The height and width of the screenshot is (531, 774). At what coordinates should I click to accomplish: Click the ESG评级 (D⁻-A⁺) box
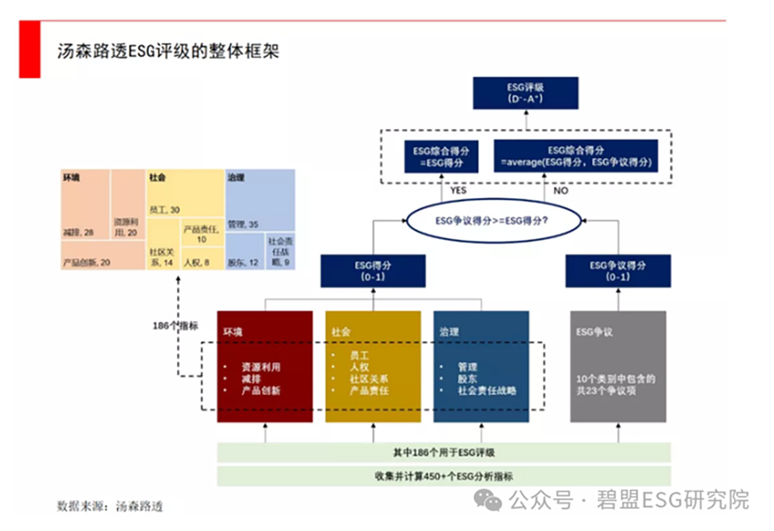[525, 93]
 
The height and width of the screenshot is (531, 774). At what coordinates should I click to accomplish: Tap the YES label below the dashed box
[458, 191]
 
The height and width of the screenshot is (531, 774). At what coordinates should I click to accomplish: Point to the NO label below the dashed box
[561, 191]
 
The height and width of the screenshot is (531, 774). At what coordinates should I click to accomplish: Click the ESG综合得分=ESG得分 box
[441, 156]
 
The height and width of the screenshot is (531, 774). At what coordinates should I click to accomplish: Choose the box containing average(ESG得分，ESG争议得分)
[576, 156]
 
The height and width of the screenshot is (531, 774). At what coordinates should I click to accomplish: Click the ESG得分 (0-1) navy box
[373, 270]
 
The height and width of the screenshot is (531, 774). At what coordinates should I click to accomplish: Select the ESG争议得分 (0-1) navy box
[618, 270]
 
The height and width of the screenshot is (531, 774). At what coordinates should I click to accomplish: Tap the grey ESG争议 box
[618, 366]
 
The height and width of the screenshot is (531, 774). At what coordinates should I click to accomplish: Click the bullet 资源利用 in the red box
[261, 366]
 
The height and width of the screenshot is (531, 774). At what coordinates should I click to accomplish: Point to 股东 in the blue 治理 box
[468, 379]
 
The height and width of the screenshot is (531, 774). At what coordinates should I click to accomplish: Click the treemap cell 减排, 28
[86, 205]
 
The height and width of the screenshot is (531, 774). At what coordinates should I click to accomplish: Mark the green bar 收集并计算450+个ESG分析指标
[444, 476]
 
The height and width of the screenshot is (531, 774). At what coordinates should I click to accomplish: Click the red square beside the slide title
[30, 49]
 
